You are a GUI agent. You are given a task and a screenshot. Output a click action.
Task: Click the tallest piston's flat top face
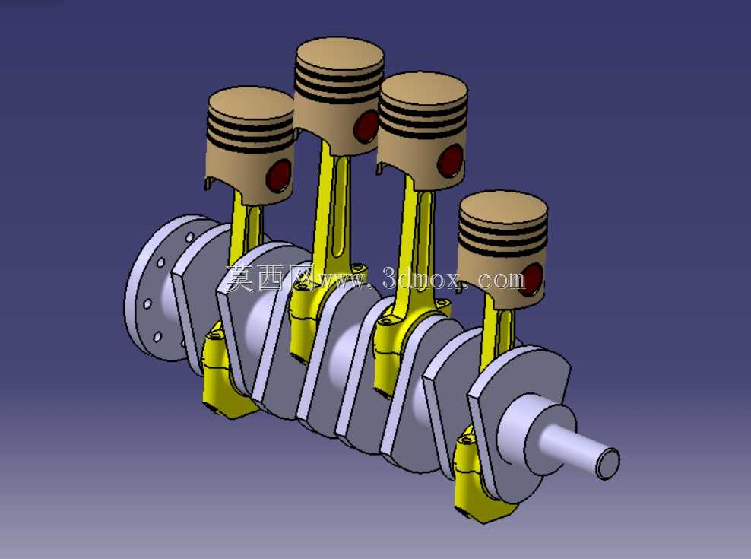(340, 56)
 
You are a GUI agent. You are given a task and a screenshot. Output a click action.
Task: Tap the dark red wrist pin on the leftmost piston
(279, 174)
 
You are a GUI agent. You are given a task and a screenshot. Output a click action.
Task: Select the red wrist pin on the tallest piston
(366, 126)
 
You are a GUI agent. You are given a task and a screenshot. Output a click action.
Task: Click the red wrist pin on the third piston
(450, 160)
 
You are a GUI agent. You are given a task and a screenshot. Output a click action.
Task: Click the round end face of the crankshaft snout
(608, 464)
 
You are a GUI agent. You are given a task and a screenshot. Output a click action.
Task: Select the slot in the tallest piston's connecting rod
(337, 206)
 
